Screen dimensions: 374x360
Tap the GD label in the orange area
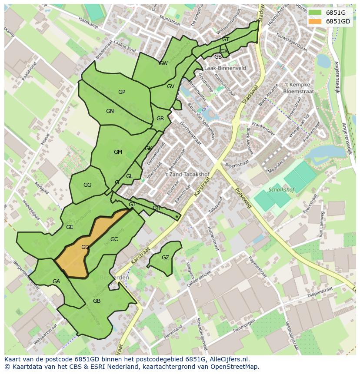(x=85, y=247)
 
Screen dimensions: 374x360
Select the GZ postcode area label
(x=165, y=258)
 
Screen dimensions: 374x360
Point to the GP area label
(x=122, y=92)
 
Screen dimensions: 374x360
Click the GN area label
(x=110, y=111)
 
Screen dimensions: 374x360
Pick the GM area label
(x=118, y=152)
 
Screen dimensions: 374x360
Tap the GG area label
(x=87, y=185)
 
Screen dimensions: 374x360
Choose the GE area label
(x=70, y=227)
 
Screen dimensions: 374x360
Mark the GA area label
(x=56, y=281)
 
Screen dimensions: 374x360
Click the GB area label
(x=97, y=301)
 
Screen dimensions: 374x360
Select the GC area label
(x=114, y=239)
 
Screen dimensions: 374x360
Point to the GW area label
(x=163, y=63)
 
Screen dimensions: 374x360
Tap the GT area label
(x=226, y=40)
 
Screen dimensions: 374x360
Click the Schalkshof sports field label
(x=282, y=190)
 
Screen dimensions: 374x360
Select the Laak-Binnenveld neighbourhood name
(x=225, y=68)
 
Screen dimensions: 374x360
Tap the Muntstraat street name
(x=170, y=19)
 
